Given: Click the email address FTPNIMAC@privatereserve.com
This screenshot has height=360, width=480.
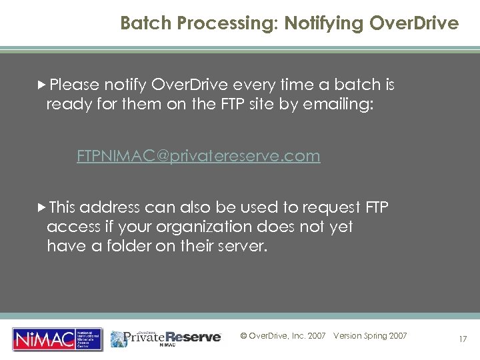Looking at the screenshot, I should [198, 156].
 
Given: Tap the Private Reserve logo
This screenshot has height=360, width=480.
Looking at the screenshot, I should [166, 337].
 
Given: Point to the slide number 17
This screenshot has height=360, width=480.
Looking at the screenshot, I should [462, 339].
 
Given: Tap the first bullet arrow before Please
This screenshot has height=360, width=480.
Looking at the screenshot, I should [42, 85].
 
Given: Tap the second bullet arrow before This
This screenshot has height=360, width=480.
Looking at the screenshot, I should [42, 207].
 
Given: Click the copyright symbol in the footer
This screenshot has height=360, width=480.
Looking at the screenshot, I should [243, 336].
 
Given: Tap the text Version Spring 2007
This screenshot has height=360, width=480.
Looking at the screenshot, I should [370, 336].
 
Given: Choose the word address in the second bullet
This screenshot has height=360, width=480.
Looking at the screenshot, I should [109, 207].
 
